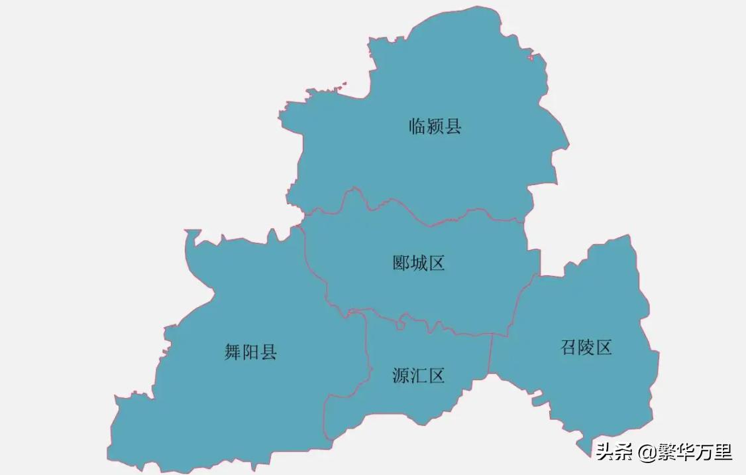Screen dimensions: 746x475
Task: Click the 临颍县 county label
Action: [x=435, y=126]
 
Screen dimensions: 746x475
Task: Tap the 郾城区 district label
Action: [x=418, y=263]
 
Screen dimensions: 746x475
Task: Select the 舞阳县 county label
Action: [x=250, y=352]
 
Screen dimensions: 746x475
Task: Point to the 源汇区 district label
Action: [x=418, y=376]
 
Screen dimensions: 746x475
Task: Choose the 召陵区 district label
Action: [x=586, y=347]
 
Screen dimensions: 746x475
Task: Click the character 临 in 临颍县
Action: [x=417, y=126]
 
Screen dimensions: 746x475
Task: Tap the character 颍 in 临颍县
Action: [x=435, y=126]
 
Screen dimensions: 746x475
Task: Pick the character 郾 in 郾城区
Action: [x=401, y=263]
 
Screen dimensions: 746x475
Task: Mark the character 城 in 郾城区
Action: [x=418, y=263]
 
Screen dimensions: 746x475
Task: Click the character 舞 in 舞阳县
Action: [x=233, y=352]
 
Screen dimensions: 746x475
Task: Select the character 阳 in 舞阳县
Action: [x=250, y=352]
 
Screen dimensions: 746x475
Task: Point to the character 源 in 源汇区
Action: [x=401, y=376]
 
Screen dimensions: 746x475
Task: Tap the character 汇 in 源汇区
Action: [x=418, y=376]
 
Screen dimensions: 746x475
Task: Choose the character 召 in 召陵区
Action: [x=569, y=347]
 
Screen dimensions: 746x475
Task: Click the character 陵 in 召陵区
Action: [x=586, y=347]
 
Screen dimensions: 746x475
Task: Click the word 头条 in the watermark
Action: [x=612, y=453]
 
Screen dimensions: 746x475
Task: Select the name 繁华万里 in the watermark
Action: [x=692, y=453]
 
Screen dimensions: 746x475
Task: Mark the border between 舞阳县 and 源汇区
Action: [x=366, y=358]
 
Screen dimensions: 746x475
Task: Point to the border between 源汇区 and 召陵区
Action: [x=491, y=355]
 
